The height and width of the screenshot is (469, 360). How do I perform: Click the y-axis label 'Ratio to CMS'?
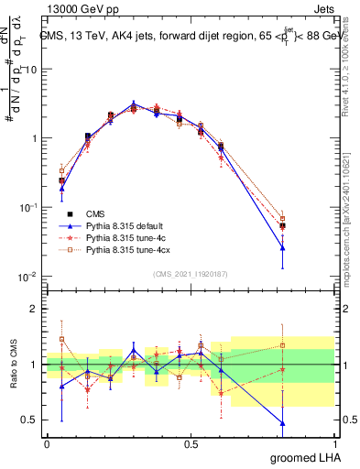coord(12,365)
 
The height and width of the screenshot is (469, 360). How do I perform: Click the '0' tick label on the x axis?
coord(47,442)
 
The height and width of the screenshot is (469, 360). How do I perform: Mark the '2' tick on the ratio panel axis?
coord(34,309)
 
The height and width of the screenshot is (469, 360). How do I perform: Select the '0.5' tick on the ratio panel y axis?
coord(29,420)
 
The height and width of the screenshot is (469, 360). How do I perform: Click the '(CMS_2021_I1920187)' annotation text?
coord(190,272)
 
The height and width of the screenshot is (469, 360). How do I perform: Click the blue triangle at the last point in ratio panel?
coord(282,423)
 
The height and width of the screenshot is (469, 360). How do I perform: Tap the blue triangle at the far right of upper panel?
coord(282,247)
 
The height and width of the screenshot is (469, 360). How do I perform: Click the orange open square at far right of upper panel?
coord(282,219)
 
